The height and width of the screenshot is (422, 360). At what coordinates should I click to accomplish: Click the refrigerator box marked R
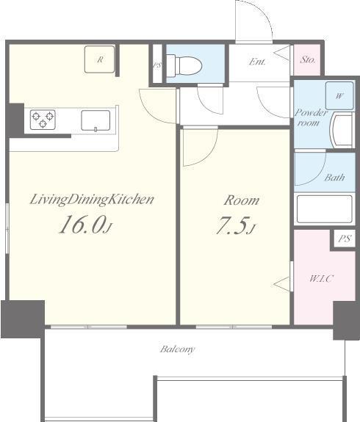click(99, 59)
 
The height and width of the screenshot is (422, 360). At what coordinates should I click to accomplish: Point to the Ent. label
click(257, 62)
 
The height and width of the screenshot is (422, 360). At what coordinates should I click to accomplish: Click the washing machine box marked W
click(339, 96)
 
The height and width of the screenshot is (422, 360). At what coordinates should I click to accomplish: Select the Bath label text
click(334, 178)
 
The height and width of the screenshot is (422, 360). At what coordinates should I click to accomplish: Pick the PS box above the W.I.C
click(344, 239)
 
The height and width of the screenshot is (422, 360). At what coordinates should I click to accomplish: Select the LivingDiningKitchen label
click(92, 199)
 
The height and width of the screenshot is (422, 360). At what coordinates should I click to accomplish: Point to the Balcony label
click(178, 349)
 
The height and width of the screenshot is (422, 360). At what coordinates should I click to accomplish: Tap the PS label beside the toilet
click(156, 65)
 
